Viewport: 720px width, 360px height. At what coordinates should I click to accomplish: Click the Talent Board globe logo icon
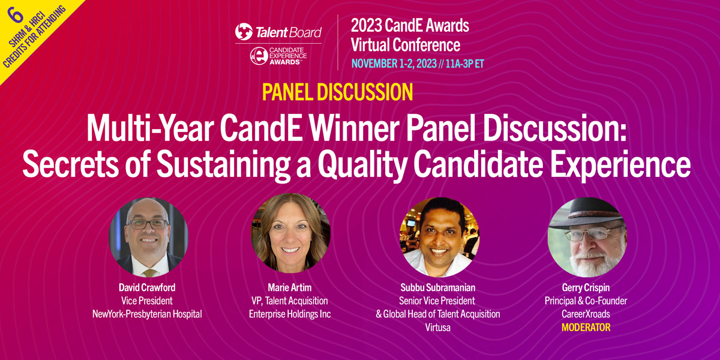[x=244, y=32]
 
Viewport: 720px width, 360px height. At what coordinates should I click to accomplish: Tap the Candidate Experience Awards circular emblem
[x=259, y=56]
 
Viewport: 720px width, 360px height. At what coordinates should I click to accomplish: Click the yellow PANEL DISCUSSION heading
[x=338, y=92]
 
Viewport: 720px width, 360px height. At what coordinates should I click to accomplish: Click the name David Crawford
[x=147, y=287]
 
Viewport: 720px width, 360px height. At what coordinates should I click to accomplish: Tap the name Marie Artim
[x=290, y=287]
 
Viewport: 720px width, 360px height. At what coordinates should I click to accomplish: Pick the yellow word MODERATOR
[x=586, y=328]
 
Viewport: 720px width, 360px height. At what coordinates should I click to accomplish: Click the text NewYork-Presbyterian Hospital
[x=147, y=314]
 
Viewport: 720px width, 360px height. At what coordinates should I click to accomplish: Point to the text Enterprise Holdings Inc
[x=290, y=314]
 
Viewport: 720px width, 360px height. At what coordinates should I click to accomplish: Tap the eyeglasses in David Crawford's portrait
[x=147, y=224]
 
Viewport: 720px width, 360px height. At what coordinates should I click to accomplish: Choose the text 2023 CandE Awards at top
[x=410, y=25]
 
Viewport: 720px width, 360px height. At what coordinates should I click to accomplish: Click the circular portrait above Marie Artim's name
[x=290, y=233]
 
